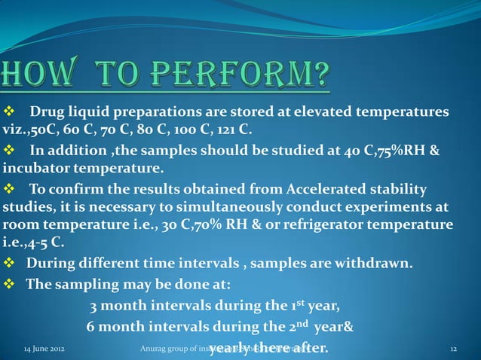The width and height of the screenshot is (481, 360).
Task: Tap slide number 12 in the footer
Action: (453, 349)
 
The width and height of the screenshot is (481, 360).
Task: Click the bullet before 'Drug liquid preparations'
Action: (10, 113)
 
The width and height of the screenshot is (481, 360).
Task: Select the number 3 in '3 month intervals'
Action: (93, 307)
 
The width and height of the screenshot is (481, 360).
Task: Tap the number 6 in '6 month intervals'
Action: (90, 328)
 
